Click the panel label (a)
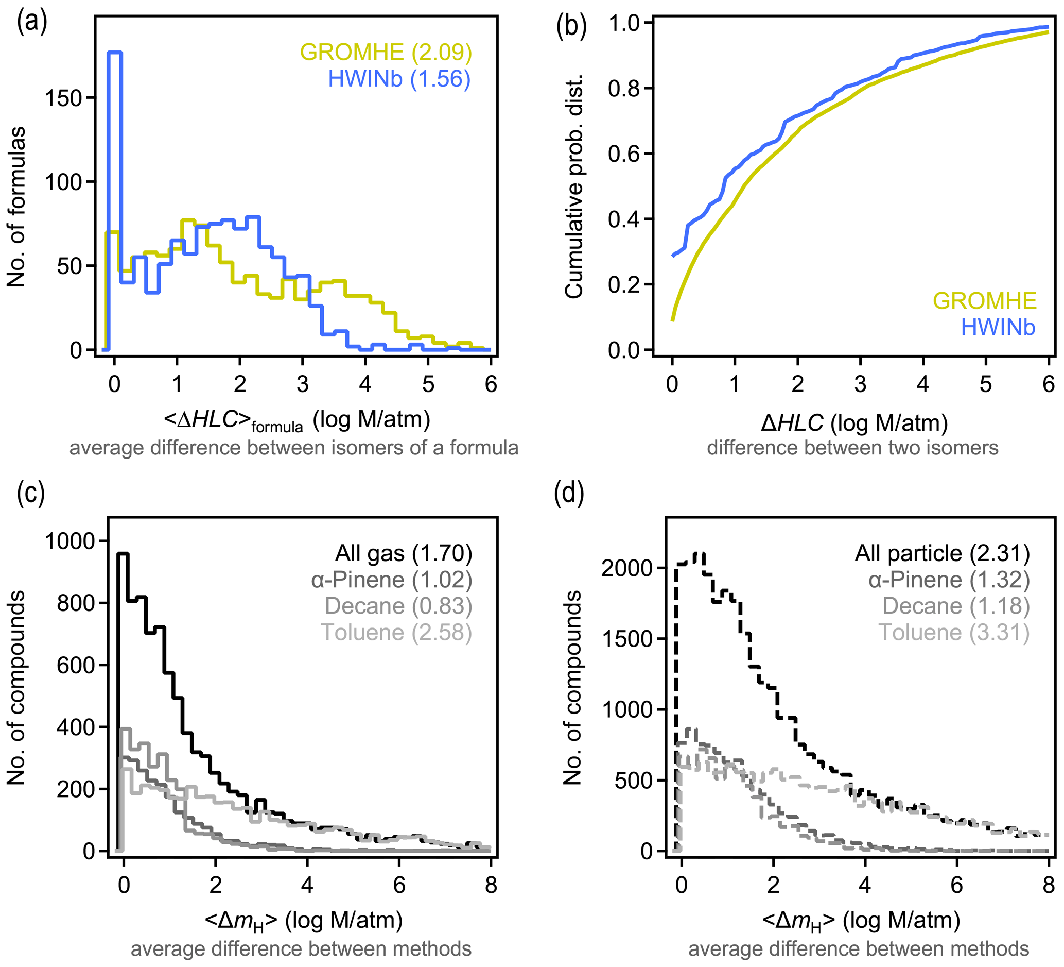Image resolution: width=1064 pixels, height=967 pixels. click(32, 23)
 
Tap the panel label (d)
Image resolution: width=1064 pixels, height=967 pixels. click(569, 495)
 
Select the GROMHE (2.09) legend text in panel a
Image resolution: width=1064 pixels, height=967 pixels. click(386, 52)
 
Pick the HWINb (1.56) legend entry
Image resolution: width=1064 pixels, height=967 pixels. click(399, 79)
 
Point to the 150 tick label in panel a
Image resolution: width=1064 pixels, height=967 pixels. click(63, 98)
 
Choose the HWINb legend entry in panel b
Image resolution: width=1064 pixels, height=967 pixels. click(998, 328)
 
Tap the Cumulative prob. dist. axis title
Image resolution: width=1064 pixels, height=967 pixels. click(574, 186)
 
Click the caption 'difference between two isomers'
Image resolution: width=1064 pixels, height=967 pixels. click(852, 448)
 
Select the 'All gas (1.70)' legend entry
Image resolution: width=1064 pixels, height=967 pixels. click(403, 553)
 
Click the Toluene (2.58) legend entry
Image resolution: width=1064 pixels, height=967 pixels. click(396, 633)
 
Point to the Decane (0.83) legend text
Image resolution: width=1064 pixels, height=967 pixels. click(398, 606)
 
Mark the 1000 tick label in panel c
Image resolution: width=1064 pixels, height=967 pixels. click(69, 541)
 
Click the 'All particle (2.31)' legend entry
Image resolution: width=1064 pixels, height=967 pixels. click(942, 553)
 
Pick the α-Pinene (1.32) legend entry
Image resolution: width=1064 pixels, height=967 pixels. click(949, 580)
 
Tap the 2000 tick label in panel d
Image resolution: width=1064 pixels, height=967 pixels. click(627, 568)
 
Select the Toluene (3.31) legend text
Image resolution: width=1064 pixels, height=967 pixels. click(954, 633)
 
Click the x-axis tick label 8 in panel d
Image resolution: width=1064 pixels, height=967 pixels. click(1048, 885)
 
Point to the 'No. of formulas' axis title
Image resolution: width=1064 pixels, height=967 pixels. click(17, 207)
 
